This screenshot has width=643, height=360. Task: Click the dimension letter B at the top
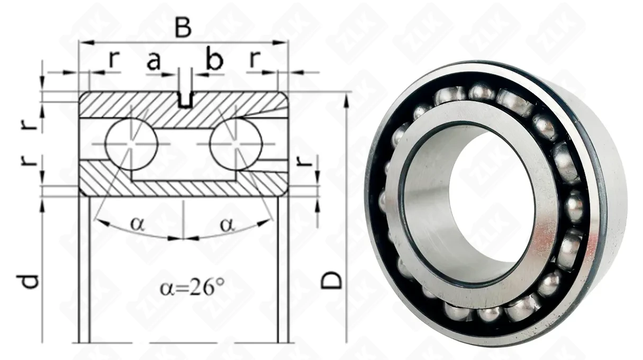183,29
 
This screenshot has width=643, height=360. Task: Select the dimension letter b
215,59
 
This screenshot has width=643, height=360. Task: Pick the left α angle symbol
138,224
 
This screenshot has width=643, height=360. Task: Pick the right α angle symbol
228,225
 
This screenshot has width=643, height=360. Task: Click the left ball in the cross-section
131,144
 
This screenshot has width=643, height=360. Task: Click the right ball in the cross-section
236,144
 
